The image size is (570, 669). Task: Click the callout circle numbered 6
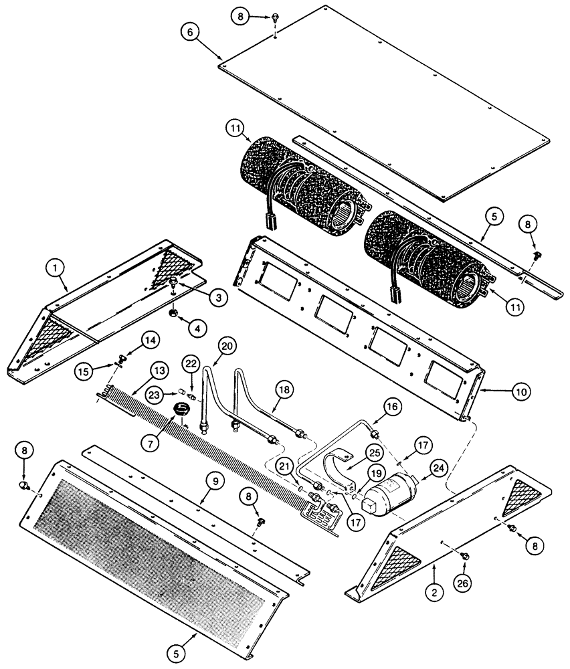pos(189,31)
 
